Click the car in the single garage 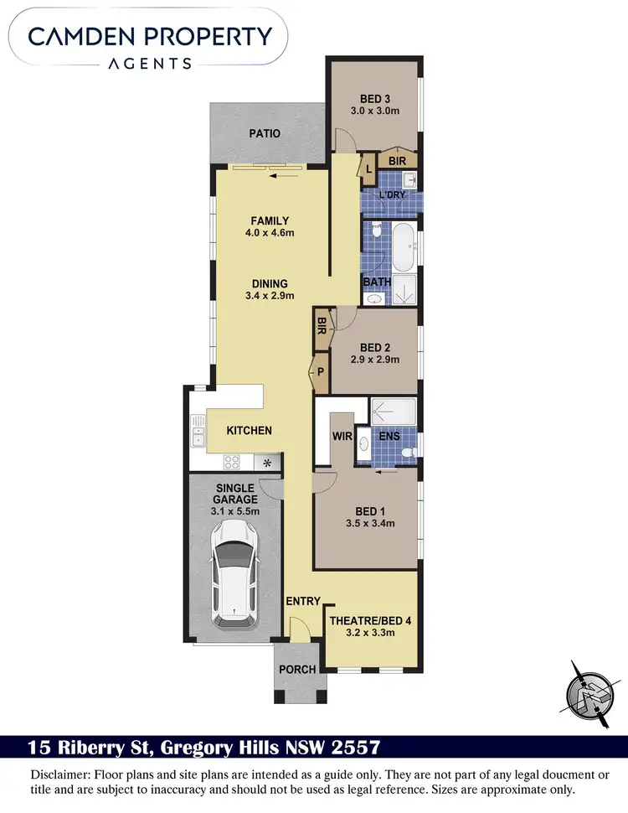point(234,573)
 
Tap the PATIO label point(265,133)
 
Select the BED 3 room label point(373,96)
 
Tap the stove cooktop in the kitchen point(231,461)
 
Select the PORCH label point(297,669)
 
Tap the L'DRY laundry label point(392,194)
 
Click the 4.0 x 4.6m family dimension point(270,233)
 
